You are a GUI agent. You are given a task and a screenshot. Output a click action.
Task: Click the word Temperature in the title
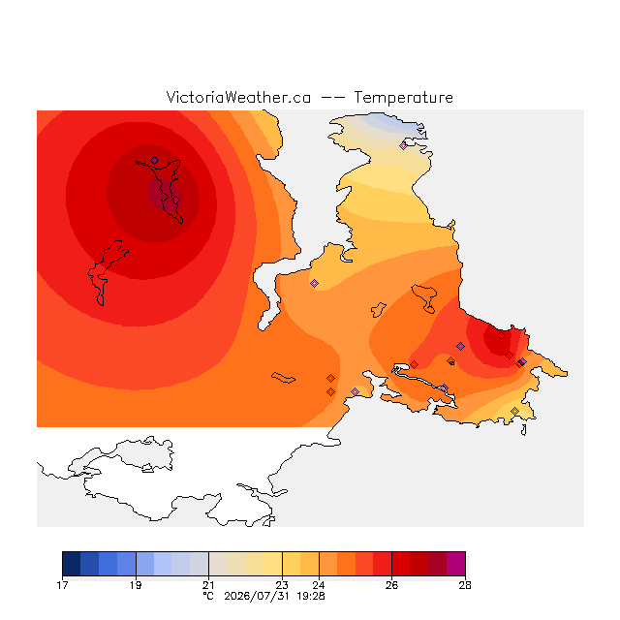(403, 98)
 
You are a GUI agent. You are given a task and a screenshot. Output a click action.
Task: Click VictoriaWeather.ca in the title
(238, 98)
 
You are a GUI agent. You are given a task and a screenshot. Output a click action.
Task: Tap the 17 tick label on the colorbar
(62, 585)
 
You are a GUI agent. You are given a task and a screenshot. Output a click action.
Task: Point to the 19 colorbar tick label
(136, 585)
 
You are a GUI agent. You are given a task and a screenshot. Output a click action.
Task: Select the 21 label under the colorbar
(208, 585)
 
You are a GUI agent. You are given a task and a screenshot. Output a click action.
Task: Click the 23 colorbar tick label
(282, 585)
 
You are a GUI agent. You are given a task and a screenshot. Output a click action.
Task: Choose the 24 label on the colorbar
(319, 585)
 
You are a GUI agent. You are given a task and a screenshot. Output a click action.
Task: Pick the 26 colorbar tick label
(391, 585)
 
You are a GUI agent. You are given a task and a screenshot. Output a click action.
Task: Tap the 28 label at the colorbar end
(465, 585)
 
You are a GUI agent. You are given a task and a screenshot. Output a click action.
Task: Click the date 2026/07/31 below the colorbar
(257, 597)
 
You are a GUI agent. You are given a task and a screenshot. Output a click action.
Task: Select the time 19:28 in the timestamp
(311, 597)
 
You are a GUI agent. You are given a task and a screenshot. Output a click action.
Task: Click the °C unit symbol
(208, 597)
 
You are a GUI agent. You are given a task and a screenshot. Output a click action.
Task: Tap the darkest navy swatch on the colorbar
(72, 564)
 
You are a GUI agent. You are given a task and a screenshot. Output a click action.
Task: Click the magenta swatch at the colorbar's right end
(456, 564)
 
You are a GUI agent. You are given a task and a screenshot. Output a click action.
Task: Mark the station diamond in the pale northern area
(403, 146)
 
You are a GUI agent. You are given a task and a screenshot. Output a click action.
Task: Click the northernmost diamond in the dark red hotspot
(155, 160)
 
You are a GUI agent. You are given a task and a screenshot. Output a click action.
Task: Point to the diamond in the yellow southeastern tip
(514, 411)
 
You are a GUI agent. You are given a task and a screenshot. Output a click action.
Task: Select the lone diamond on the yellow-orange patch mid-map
(314, 283)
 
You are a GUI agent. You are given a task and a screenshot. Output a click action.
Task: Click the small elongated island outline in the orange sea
(283, 378)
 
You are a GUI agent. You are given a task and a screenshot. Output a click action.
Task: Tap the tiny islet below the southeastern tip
(524, 430)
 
